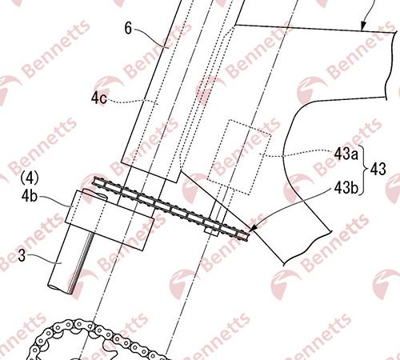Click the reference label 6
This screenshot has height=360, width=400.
click(x=128, y=28)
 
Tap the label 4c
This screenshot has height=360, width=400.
click(x=98, y=98)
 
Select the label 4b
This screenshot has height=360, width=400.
click(x=30, y=196)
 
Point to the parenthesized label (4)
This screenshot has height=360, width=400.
click(x=30, y=178)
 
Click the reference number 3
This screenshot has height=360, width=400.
click(x=22, y=255)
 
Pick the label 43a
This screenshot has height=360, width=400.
click(x=346, y=154)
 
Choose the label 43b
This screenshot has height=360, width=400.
click(x=346, y=188)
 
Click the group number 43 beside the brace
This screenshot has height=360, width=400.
click(x=378, y=169)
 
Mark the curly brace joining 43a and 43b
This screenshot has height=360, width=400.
click(x=364, y=170)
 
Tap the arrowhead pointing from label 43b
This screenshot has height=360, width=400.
click(x=253, y=227)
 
